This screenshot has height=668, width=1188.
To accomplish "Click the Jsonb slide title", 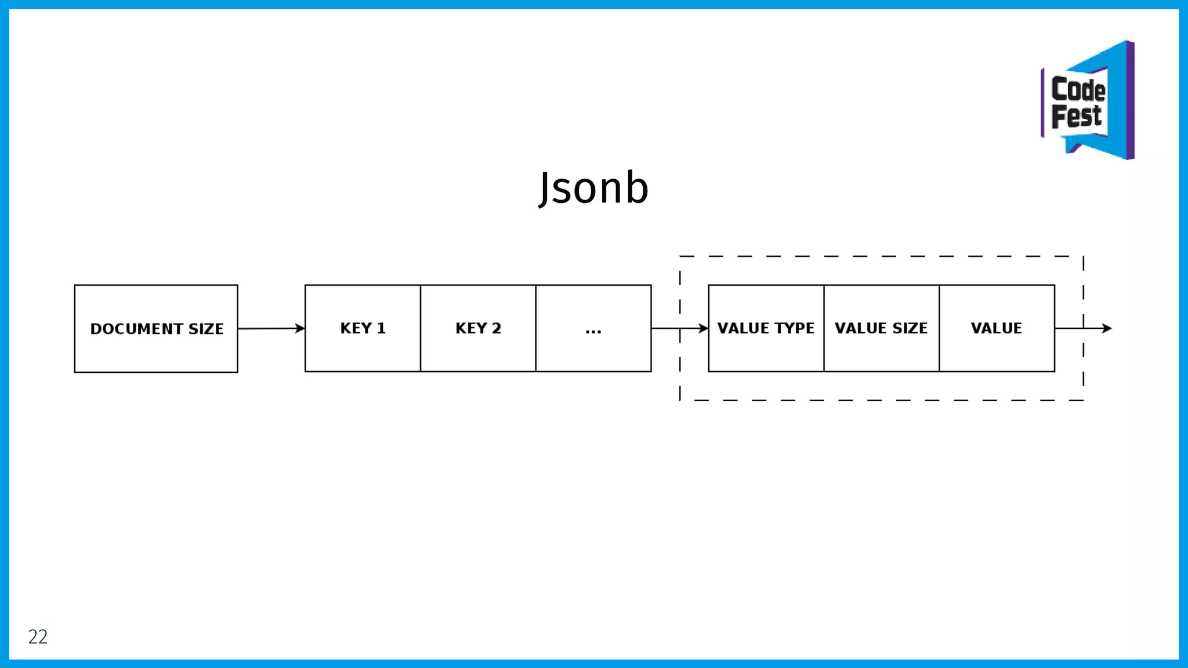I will [593, 188].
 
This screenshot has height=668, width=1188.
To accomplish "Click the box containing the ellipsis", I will [593, 329].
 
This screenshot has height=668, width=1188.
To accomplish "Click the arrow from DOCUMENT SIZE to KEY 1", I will [270, 329].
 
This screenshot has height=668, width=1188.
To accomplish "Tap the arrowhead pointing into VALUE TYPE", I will [703, 328].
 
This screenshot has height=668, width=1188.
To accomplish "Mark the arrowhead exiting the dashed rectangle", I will [1107, 328].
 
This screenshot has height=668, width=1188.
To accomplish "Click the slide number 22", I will [38, 637].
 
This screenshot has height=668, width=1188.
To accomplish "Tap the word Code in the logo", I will [1078, 90].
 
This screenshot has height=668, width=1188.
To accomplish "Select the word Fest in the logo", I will [1076, 116].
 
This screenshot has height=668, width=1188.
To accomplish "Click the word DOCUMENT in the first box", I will [136, 329].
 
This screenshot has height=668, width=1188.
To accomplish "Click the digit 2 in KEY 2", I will [497, 328].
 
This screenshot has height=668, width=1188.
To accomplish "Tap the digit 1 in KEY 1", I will [381, 328].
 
